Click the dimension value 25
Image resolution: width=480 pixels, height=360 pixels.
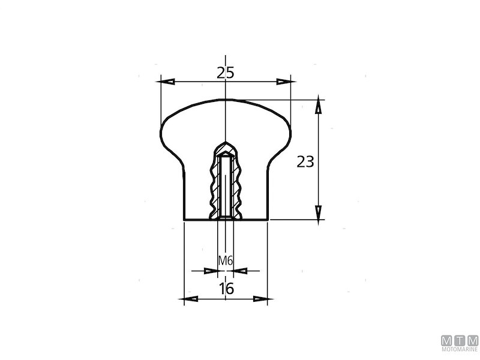pyautogui.click(x=226, y=73)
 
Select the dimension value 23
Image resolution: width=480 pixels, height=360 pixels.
pyautogui.click(x=305, y=161)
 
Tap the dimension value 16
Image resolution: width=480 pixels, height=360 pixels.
pyautogui.click(x=227, y=289)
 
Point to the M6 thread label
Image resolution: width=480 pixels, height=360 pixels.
pyautogui.click(x=226, y=261)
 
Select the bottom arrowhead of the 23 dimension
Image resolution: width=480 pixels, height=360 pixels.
pyautogui.click(x=319, y=213)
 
